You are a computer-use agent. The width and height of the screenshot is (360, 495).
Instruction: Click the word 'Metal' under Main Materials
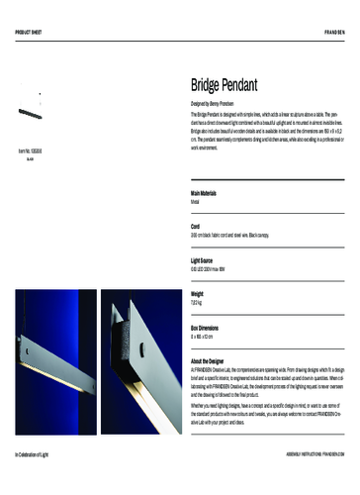[x=197, y=201]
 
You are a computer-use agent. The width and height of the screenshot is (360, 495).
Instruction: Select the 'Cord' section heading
[x=196, y=226]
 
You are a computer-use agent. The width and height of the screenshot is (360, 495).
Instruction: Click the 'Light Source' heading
[x=205, y=260]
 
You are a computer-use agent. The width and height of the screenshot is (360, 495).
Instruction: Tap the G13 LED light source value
[x=216, y=269]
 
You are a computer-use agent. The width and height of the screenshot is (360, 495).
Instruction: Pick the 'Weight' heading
[x=198, y=294]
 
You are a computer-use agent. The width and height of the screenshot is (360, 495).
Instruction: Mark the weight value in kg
[x=198, y=303]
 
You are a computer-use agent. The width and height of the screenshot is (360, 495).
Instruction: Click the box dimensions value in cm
[x=204, y=337]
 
